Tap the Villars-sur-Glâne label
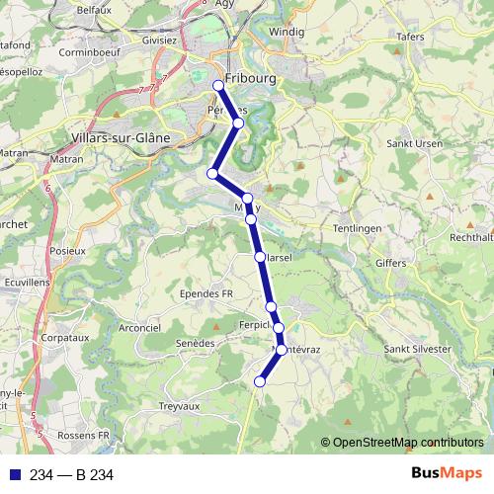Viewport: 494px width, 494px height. point(122,138)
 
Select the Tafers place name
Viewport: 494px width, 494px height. point(410,37)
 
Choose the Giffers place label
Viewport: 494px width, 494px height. point(390,263)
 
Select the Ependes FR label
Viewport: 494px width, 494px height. point(206,293)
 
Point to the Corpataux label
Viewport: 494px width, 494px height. point(66,337)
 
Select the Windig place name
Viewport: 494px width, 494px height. point(287,32)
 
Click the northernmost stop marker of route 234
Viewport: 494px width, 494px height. point(218,85)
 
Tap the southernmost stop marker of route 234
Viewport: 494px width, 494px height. point(261,381)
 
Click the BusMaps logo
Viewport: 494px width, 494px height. point(448,474)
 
